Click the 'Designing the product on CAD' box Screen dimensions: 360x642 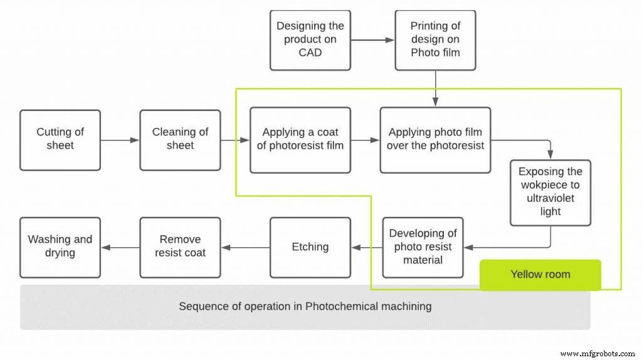click(310, 40)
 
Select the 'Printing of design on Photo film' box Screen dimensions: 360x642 click(435, 40)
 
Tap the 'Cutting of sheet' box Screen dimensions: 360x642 click(60, 140)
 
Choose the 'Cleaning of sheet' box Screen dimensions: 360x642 click(180, 140)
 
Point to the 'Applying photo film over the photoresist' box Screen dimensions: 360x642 click(435, 140)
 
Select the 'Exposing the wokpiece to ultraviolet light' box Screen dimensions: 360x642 click(550, 192)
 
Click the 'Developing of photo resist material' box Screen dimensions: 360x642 click(423, 247)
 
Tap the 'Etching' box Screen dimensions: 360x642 click(310, 247)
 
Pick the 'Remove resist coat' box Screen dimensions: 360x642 click(180, 247)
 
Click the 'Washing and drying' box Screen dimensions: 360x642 click(60, 247)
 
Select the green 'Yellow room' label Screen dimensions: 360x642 click(540, 275)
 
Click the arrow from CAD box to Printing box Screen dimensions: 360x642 click(372, 40)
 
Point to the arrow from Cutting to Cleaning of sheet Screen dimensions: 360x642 click(120, 140)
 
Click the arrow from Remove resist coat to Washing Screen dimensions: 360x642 click(120, 248)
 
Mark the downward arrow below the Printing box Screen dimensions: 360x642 click(435, 88)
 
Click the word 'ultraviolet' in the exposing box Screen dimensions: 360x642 click(550, 198)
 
